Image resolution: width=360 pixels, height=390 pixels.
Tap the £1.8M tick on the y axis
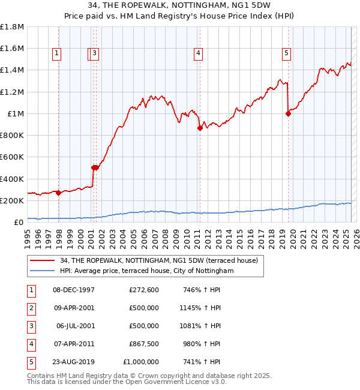pyautogui.click(x=12, y=27)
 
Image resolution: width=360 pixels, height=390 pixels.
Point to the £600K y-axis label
pyautogui.click(x=12, y=157)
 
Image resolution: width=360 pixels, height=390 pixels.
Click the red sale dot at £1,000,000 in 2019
pyautogui.click(x=288, y=114)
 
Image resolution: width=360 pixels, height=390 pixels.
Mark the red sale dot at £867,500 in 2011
pyautogui.click(x=199, y=128)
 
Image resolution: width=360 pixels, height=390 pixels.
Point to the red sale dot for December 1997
pyautogui.click(x=58, y=193)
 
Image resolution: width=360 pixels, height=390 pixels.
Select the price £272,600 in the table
pyautogui.click(x=144, y=290)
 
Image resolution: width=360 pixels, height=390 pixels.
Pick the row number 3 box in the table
pyautogui.click(x=30, y=326)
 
